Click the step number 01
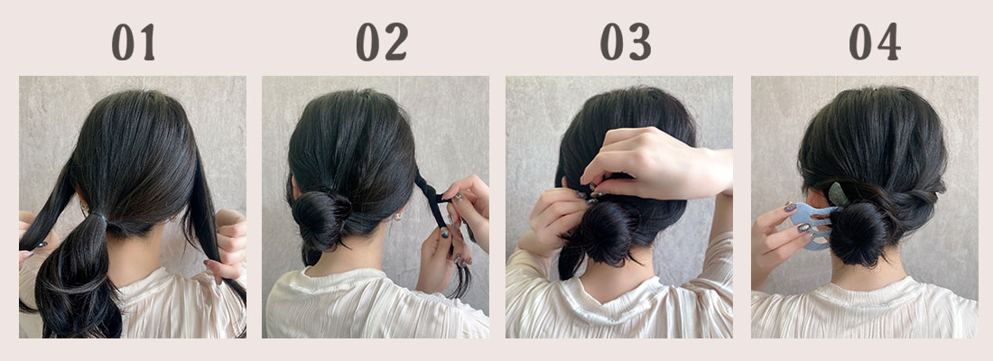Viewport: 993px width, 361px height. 133,42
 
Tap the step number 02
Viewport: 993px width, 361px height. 382,42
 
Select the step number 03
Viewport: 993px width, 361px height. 626,42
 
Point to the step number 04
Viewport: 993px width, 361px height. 875,42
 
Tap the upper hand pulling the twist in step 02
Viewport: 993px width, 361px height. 469,203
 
